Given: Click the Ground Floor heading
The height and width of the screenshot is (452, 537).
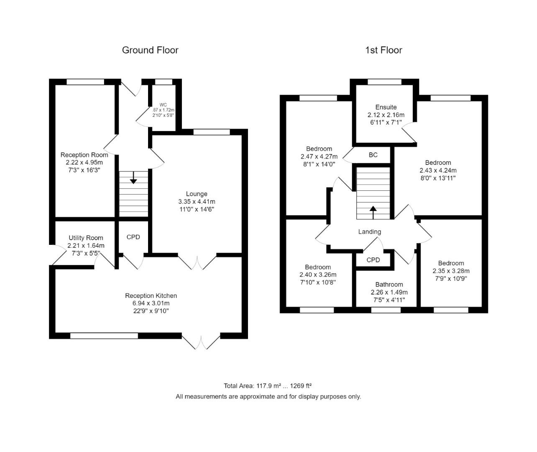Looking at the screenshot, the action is (150, 50).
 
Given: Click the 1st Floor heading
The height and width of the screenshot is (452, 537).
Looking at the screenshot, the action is (384, 50).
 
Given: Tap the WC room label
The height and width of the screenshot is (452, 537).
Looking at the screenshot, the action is (163, 105).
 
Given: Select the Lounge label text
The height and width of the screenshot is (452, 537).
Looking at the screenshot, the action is (197, 194).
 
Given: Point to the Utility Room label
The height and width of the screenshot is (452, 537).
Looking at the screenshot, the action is (86, 238).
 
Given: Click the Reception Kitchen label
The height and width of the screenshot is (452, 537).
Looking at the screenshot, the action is (151, 296).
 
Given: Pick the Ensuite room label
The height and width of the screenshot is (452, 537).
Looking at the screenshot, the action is (386, 107).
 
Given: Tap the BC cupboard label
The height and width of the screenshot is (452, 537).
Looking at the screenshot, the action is (373, 155).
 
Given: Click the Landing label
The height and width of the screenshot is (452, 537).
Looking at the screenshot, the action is (370, 232).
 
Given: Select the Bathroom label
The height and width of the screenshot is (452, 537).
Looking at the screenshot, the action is (389, 285).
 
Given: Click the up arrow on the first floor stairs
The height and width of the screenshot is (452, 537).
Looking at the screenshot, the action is (373, 212).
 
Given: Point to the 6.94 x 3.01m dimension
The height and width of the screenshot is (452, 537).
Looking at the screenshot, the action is (151, 303).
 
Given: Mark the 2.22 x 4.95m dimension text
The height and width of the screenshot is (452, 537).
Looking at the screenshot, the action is (84, 162).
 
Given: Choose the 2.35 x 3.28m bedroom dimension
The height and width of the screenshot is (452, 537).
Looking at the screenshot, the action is (451, 271).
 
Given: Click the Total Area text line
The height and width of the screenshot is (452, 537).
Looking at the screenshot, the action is (268, 386).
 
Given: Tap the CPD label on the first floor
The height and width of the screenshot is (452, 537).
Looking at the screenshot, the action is (373, 260).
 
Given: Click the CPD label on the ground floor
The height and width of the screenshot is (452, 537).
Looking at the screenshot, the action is (133, 237).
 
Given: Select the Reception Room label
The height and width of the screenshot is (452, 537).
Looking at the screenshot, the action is (84, 155).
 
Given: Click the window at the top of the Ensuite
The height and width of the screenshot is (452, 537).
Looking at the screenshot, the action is (384, 82).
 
